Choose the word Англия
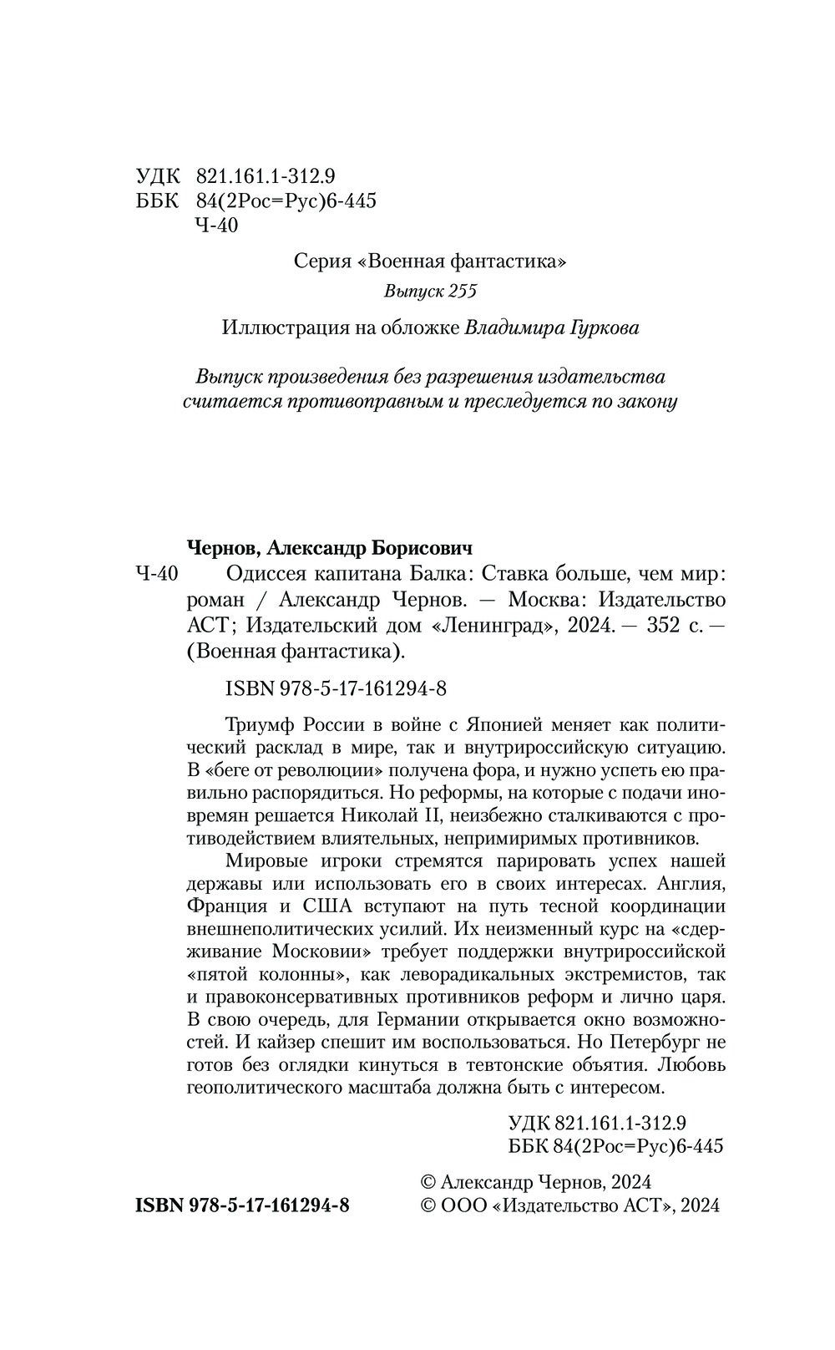point(692,883)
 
